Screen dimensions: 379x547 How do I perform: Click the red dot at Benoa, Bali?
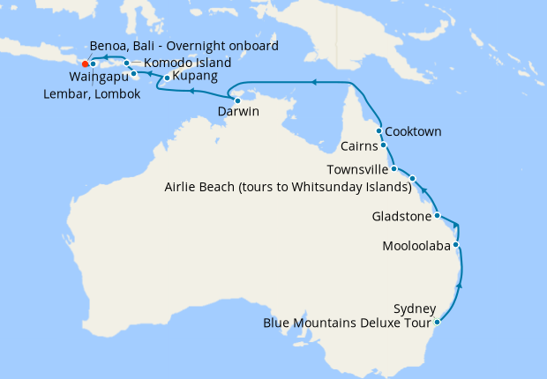[85, 63]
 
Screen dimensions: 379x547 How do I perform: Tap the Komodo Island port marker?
[127, 63]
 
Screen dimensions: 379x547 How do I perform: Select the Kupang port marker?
[167, 78]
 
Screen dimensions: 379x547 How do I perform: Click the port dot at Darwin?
[237, 100]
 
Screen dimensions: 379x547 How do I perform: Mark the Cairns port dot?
[383, 145]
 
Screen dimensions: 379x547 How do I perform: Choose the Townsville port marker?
[393, 168]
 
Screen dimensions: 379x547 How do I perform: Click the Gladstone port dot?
[438, 215]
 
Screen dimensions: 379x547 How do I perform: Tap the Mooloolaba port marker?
[456, 244]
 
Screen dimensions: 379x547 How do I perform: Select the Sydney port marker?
[438, 322]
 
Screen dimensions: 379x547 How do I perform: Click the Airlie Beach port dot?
[412, 179]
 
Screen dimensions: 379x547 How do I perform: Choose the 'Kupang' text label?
[196, 78]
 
